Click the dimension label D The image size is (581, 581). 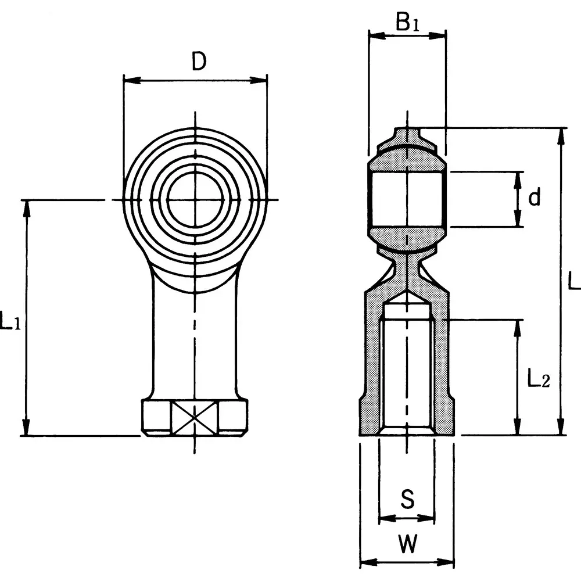point(199,62)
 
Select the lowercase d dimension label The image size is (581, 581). point(534,198)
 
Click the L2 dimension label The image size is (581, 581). point(538,379)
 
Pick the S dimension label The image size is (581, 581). point(408,498)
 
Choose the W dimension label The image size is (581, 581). point(408,544)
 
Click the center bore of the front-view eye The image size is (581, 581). point(195,200)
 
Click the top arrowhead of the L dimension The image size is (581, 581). point(561,135)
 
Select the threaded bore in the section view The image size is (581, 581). point(407,372)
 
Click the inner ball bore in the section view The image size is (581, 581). point(407,199)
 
